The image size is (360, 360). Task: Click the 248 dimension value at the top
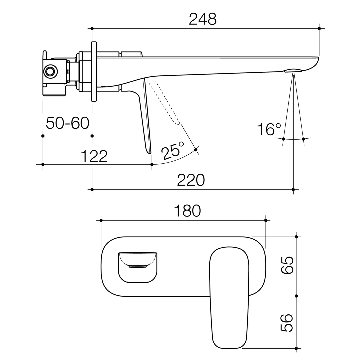[x=203, y=19]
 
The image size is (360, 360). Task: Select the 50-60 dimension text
[x=68, y=123]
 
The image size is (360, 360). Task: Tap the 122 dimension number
[x=94, y=156]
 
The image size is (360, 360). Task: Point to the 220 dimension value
[x=191, y=180]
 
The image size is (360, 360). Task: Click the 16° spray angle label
[x=269, y=129]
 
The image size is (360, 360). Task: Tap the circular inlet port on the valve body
[x=50, y=71]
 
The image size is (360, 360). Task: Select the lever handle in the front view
[x=229, y=297]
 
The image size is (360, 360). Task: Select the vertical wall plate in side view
[x=94, y=71]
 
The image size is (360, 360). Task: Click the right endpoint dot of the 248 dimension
[x=319, y=29]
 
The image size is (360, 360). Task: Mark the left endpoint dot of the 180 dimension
[x=101, y=220]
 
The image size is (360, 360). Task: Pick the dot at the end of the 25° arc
[x=196, y=150]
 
